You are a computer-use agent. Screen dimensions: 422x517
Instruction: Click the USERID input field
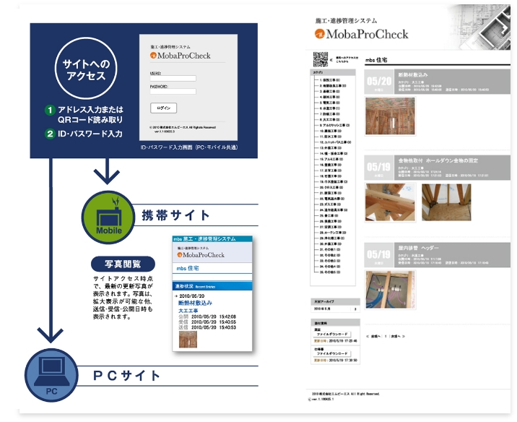pyautogui.click(x=173, y=78)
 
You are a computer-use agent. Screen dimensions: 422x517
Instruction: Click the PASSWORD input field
pyautogui.click(x=173, y=92)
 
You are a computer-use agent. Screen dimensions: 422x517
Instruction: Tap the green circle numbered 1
pyautogui.click(x=50, y=111)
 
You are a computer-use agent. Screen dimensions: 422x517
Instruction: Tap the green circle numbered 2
pyautogui.click(x=50, y=134)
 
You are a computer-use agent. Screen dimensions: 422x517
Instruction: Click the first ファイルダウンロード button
pyautogui.click(x=336, y=334)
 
